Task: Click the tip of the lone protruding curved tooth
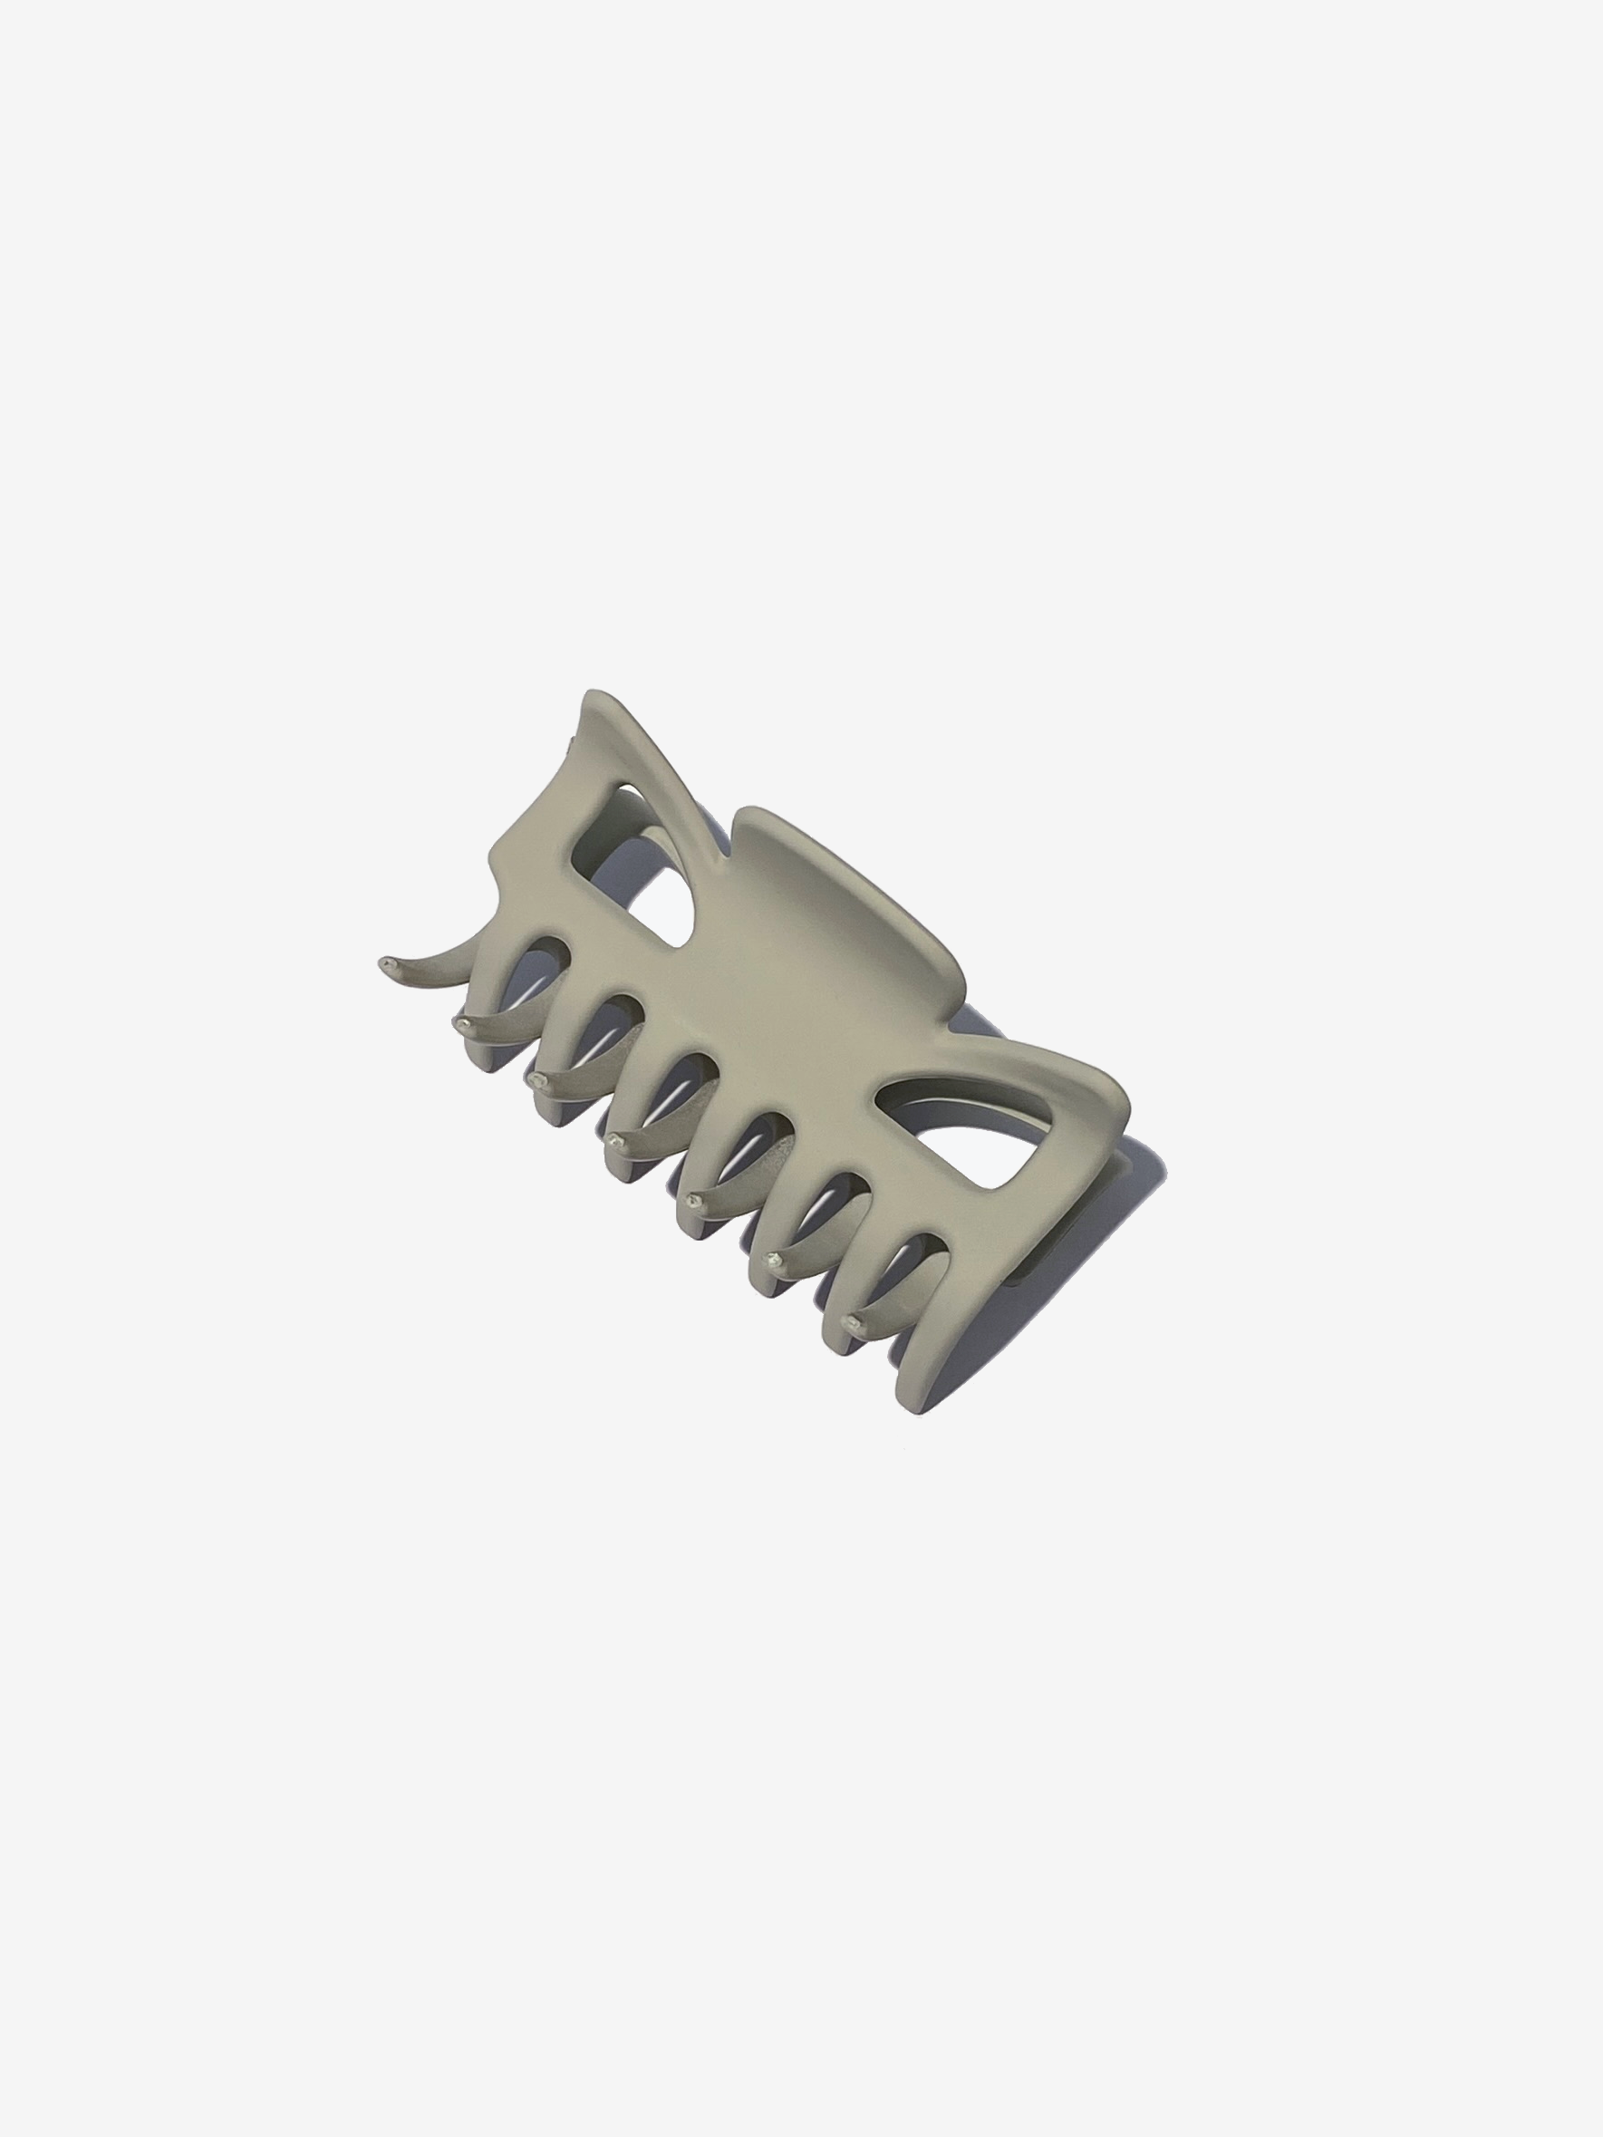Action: tap(388, 963)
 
